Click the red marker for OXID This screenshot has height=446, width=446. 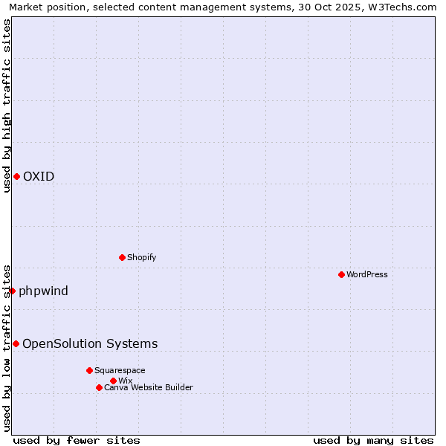16,176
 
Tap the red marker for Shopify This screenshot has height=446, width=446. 122,257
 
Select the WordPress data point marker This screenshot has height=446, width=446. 341,274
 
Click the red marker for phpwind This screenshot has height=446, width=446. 12,291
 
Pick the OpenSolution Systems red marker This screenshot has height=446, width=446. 16,343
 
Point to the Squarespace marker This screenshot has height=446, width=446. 89,370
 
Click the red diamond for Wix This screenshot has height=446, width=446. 113,381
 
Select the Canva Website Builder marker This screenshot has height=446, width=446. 99,387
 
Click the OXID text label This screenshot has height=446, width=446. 38,176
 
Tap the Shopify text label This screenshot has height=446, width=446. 141,257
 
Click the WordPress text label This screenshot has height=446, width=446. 366,274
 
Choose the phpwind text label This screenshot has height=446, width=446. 43,291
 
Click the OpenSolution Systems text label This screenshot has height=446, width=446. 90,343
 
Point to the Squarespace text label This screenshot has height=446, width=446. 120,370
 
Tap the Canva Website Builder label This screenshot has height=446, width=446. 148,387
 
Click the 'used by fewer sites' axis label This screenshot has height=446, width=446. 77,440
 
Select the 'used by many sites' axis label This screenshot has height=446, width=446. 373,440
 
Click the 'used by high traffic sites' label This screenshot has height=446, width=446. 7,106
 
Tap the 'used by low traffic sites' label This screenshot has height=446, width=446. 7,347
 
